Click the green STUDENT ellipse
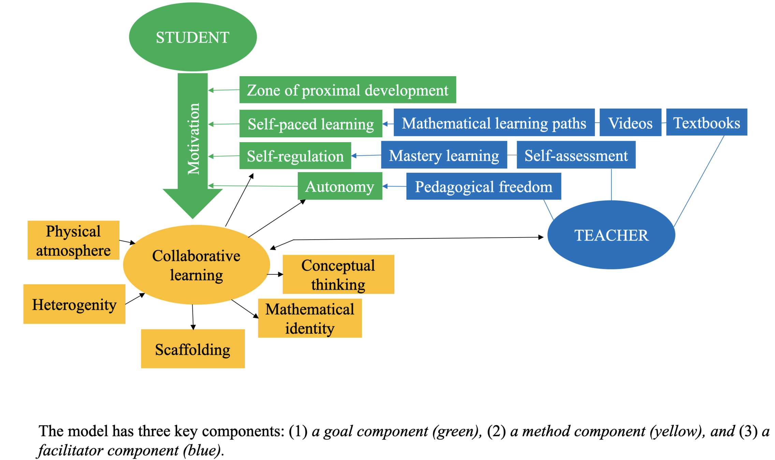click(193, 37)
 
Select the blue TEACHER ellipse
click(611, 235)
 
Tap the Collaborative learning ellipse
click(196, 265)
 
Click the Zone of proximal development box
click(347, 90)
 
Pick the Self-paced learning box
click(310, 124)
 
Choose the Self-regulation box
click(295, 156)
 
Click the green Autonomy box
click(340, 186)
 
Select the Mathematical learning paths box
click(494, 123)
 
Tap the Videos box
click(630, 123)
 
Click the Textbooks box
click(706, 122)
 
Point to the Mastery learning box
click(444, 155)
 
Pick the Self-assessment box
click(576, 155)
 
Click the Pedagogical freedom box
click(483, 186)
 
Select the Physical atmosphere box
click(73, 240)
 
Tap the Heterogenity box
click(74, 304)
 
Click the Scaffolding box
click(193, 349)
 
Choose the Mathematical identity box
click(310, 318)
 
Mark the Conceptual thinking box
click(338, 274)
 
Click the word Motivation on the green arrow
click(193, 139)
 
